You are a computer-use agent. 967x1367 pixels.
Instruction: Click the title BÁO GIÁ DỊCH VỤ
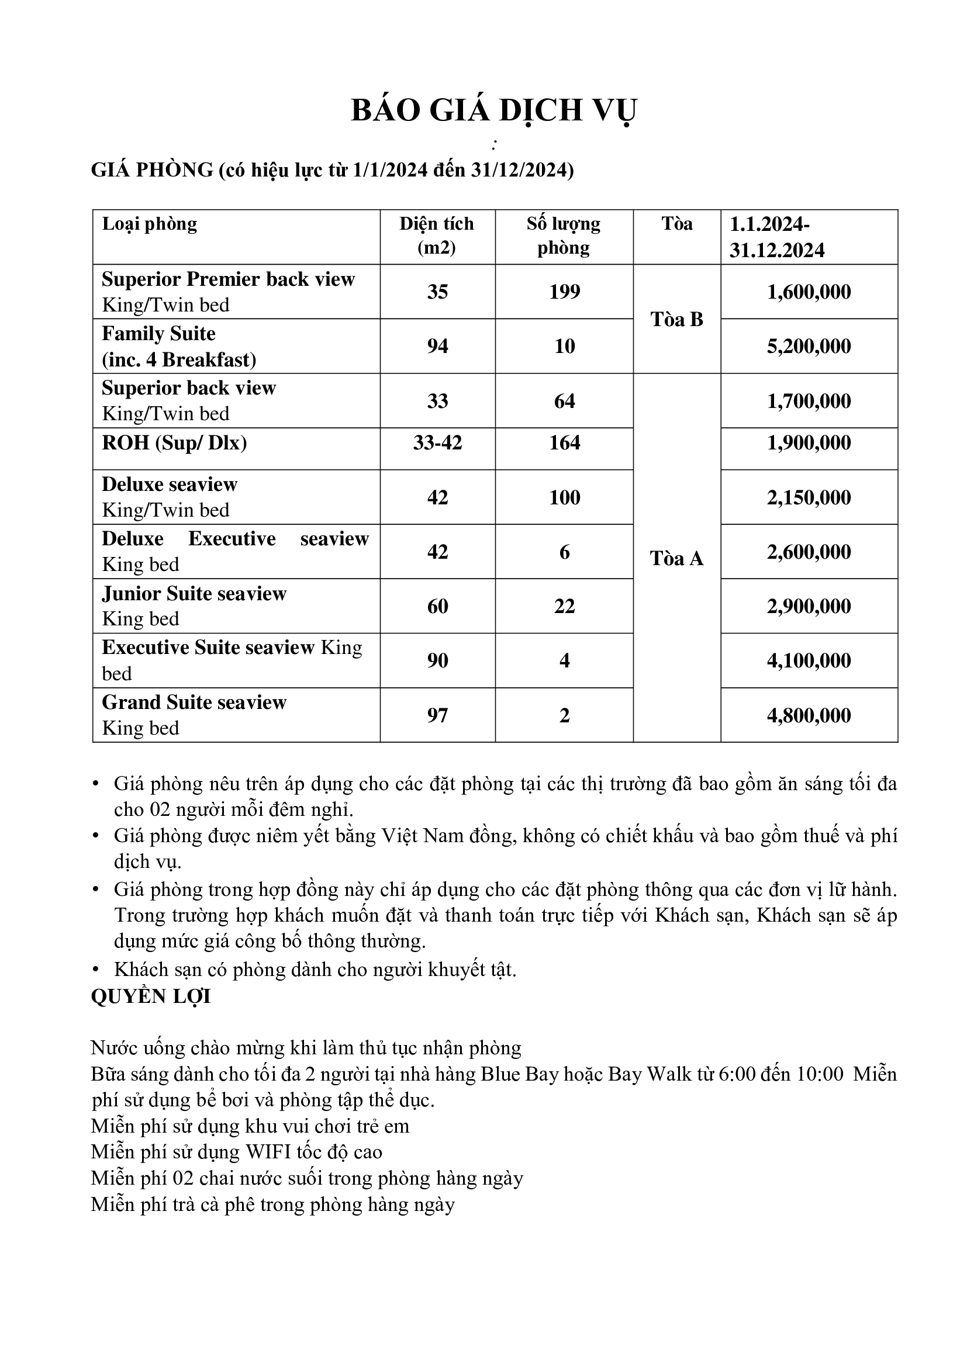(493, 110)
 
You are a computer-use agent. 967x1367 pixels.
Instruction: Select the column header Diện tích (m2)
(437, 236)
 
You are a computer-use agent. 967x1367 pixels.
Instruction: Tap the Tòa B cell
(676, 320)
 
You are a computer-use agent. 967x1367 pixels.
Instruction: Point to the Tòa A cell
(676, 559)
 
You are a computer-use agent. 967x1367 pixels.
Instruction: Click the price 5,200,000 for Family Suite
(809, 347)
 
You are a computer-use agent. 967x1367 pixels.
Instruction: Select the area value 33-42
(437, 443)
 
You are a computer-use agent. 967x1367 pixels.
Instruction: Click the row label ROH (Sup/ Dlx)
(174, 443)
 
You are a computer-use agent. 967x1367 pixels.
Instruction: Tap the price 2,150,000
(809, 498)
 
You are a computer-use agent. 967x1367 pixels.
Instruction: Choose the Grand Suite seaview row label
(194, 703)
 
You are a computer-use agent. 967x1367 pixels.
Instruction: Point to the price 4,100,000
(809, 661)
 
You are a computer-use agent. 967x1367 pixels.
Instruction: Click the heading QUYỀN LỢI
(151, 996)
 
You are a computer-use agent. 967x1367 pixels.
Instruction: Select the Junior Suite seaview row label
(194, 594)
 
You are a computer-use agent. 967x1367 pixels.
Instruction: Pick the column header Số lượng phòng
(563, 236)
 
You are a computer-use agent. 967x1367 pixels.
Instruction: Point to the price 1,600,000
(809, 292)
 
